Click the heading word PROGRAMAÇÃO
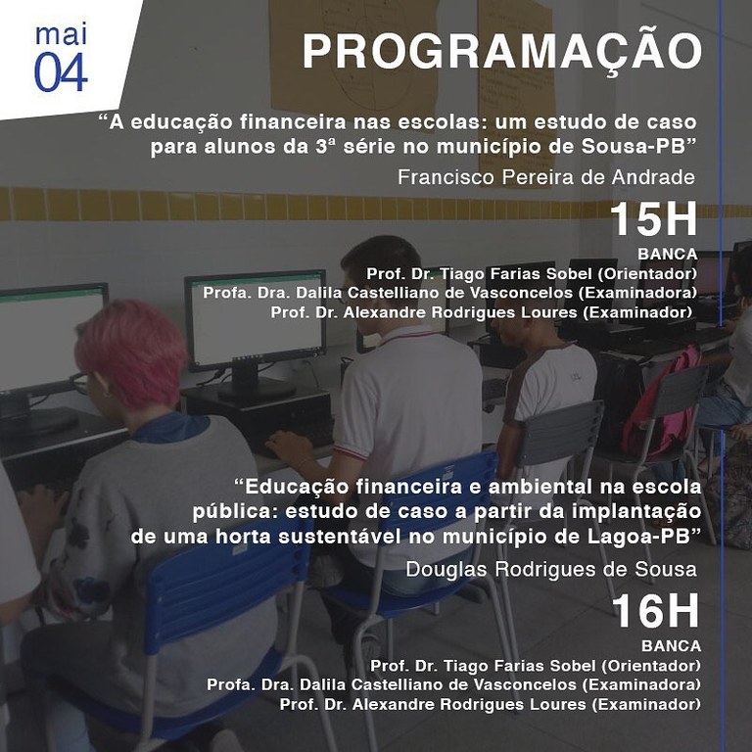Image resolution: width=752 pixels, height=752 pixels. [502, 52]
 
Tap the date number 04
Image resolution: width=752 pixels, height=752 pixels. [61, 72]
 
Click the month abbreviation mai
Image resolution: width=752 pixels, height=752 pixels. [61, 34]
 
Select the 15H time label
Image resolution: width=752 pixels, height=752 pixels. [653, 219]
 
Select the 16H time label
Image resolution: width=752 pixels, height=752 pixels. [656, 611]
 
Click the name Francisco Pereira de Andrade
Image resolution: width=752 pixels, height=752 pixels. [546, 177]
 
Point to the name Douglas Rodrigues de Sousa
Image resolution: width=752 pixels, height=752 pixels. [551, 569]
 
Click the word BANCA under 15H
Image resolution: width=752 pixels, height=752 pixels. [667, 255]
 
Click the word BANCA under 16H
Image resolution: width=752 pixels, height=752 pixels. [671, 646]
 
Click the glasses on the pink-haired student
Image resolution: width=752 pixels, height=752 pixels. [80, 383]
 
